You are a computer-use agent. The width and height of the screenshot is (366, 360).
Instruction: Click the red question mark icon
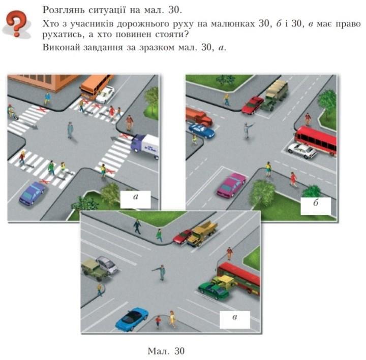[x=17, y=24]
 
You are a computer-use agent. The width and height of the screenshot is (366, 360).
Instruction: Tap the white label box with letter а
[x=135, y=200]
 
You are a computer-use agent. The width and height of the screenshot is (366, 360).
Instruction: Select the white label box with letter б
[x=316, y=206]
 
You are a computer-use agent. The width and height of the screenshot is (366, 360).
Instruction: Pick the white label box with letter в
[x=234, y=320]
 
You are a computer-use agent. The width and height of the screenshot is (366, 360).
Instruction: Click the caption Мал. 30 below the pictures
[x=166, y=351]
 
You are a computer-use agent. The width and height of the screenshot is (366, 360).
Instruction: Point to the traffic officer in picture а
[x=70, y=130]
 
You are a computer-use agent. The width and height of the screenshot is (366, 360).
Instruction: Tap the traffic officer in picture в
[x=160, y=272]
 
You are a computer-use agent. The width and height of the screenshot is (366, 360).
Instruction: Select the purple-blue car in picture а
[x=32, y=193]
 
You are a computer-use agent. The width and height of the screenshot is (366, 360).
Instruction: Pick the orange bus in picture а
[x=96, y=86]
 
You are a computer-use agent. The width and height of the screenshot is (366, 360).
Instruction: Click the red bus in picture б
[x=316, y=140]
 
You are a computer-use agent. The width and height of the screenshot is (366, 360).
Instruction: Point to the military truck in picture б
[x=274, y=95]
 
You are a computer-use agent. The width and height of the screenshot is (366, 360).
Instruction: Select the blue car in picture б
[x=201, y=131]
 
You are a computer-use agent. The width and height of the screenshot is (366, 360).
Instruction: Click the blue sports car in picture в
[x=132, y=319]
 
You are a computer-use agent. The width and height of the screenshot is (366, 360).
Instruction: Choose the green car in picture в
[x=213, y=290]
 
